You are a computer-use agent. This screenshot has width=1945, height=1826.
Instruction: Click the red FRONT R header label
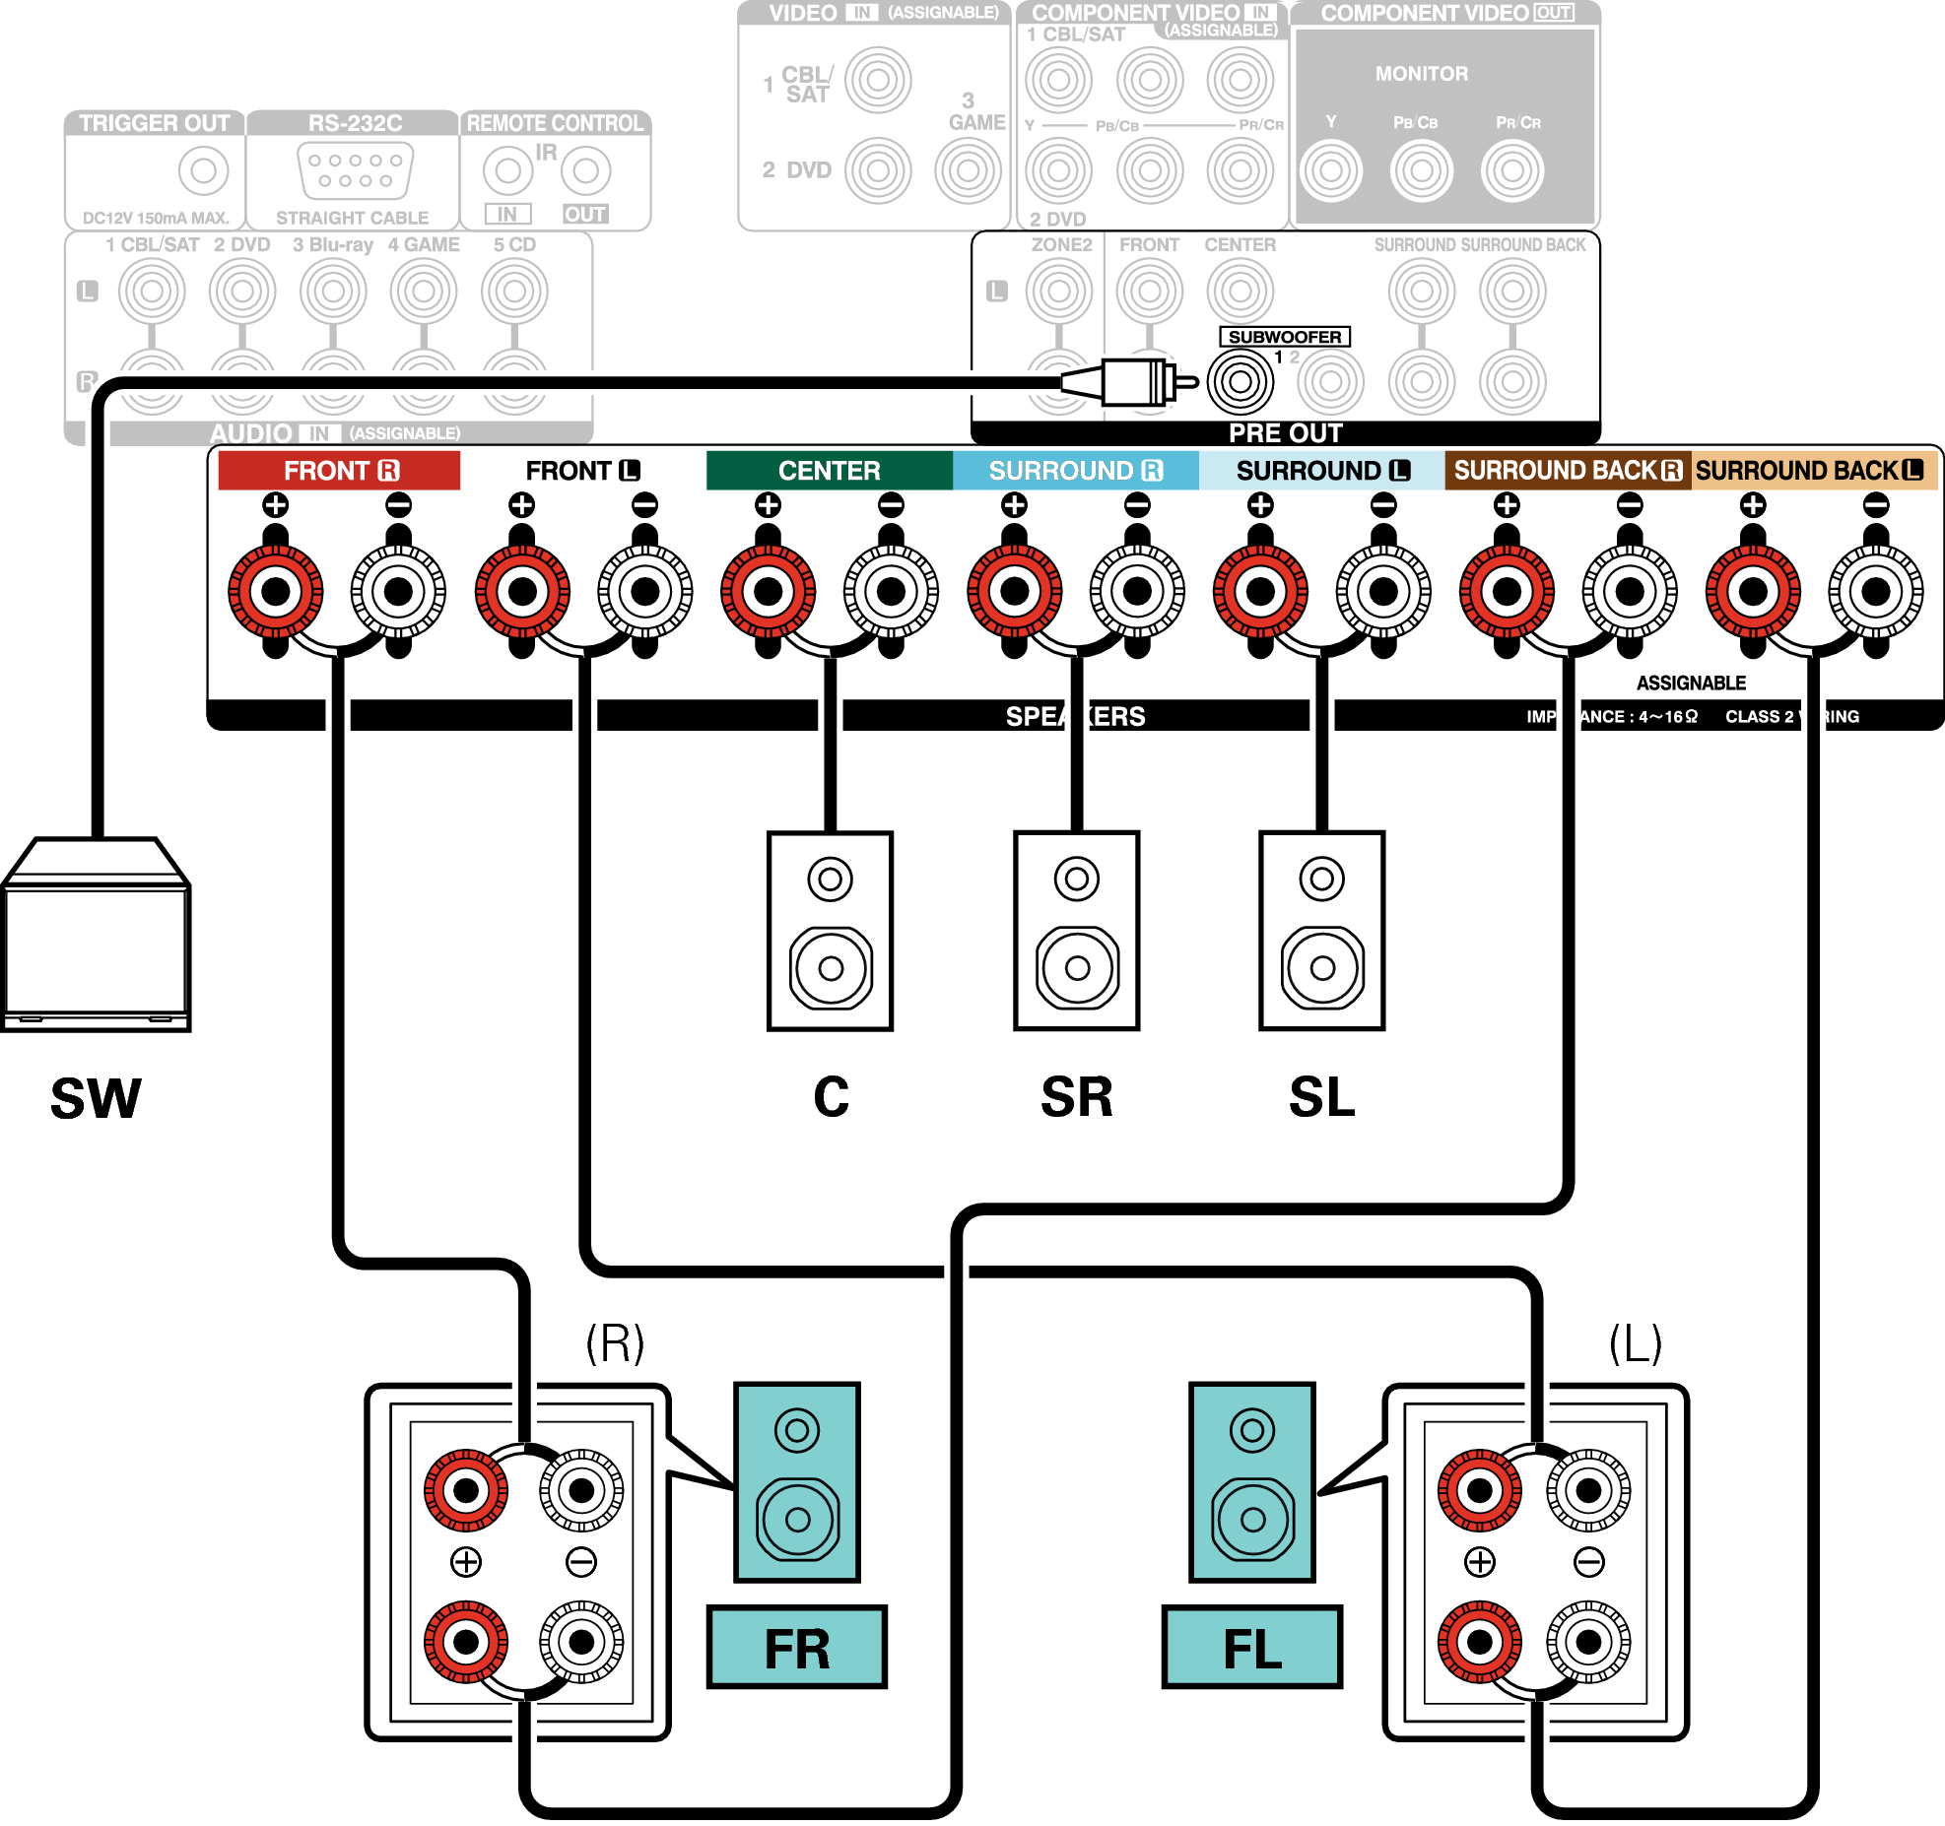tap(339, 471)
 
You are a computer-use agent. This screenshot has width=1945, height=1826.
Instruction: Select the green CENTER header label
tap(829, 471)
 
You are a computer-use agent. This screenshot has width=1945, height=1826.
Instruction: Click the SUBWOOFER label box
tap(1284, 337)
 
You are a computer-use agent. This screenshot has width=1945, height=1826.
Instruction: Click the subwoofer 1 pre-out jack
tap(1241, 381)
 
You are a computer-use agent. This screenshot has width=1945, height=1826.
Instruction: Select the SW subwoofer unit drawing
tap(96, 936)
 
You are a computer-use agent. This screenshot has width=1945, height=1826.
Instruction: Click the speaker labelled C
tap(831, 931)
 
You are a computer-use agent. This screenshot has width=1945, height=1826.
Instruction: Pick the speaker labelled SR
tap(1077, 931)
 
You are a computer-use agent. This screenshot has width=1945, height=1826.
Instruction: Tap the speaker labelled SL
tap(1322, 931)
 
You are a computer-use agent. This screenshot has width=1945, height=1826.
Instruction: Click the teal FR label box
tap(797, 1648)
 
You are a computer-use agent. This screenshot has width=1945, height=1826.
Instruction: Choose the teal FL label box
tap(1252, 1648)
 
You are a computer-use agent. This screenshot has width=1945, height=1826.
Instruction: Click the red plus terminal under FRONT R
tap(276, 592)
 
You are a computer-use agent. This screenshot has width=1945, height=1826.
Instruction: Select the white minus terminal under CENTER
tap(891, 592)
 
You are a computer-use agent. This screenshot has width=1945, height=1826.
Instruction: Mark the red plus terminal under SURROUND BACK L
tap(1753, 592)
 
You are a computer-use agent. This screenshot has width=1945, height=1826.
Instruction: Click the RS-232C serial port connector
tap(355, 169)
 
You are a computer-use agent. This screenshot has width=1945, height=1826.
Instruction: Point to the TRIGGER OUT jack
tap(203, 170)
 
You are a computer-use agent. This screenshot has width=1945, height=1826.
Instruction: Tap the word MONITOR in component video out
tap(1421, 74)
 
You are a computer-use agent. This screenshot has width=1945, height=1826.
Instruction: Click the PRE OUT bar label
tap(1285, 433)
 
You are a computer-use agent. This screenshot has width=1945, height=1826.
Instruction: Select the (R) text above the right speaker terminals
tap(615, 1342)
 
